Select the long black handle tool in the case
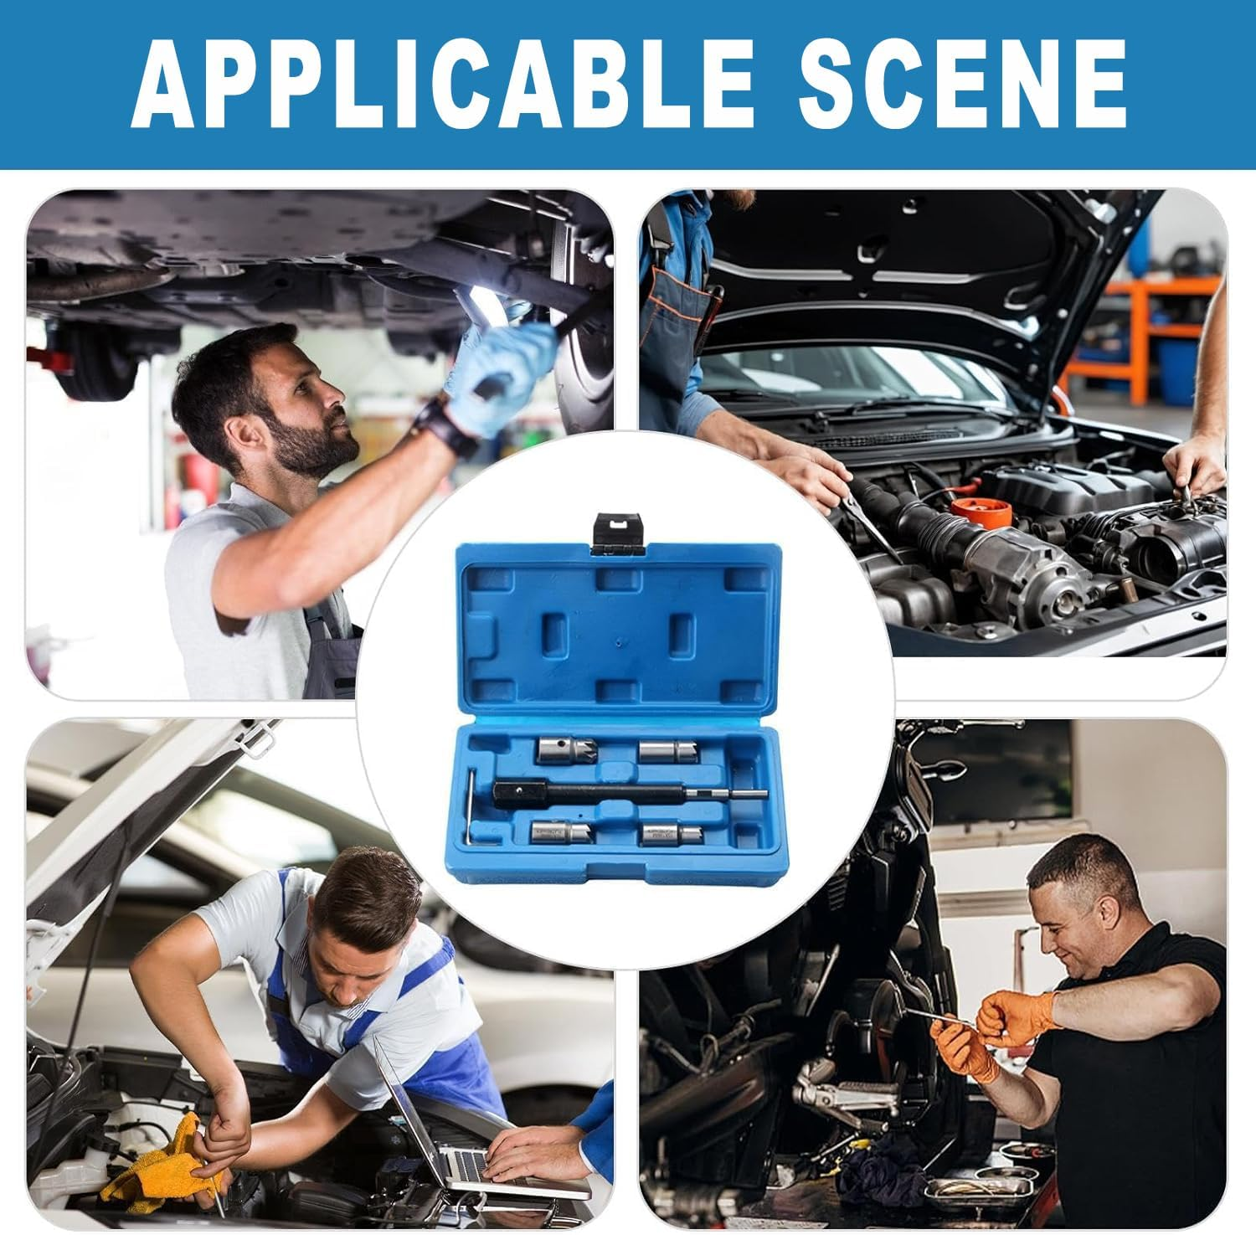[x=628, y=791]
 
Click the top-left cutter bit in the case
[x=557, y=749]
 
